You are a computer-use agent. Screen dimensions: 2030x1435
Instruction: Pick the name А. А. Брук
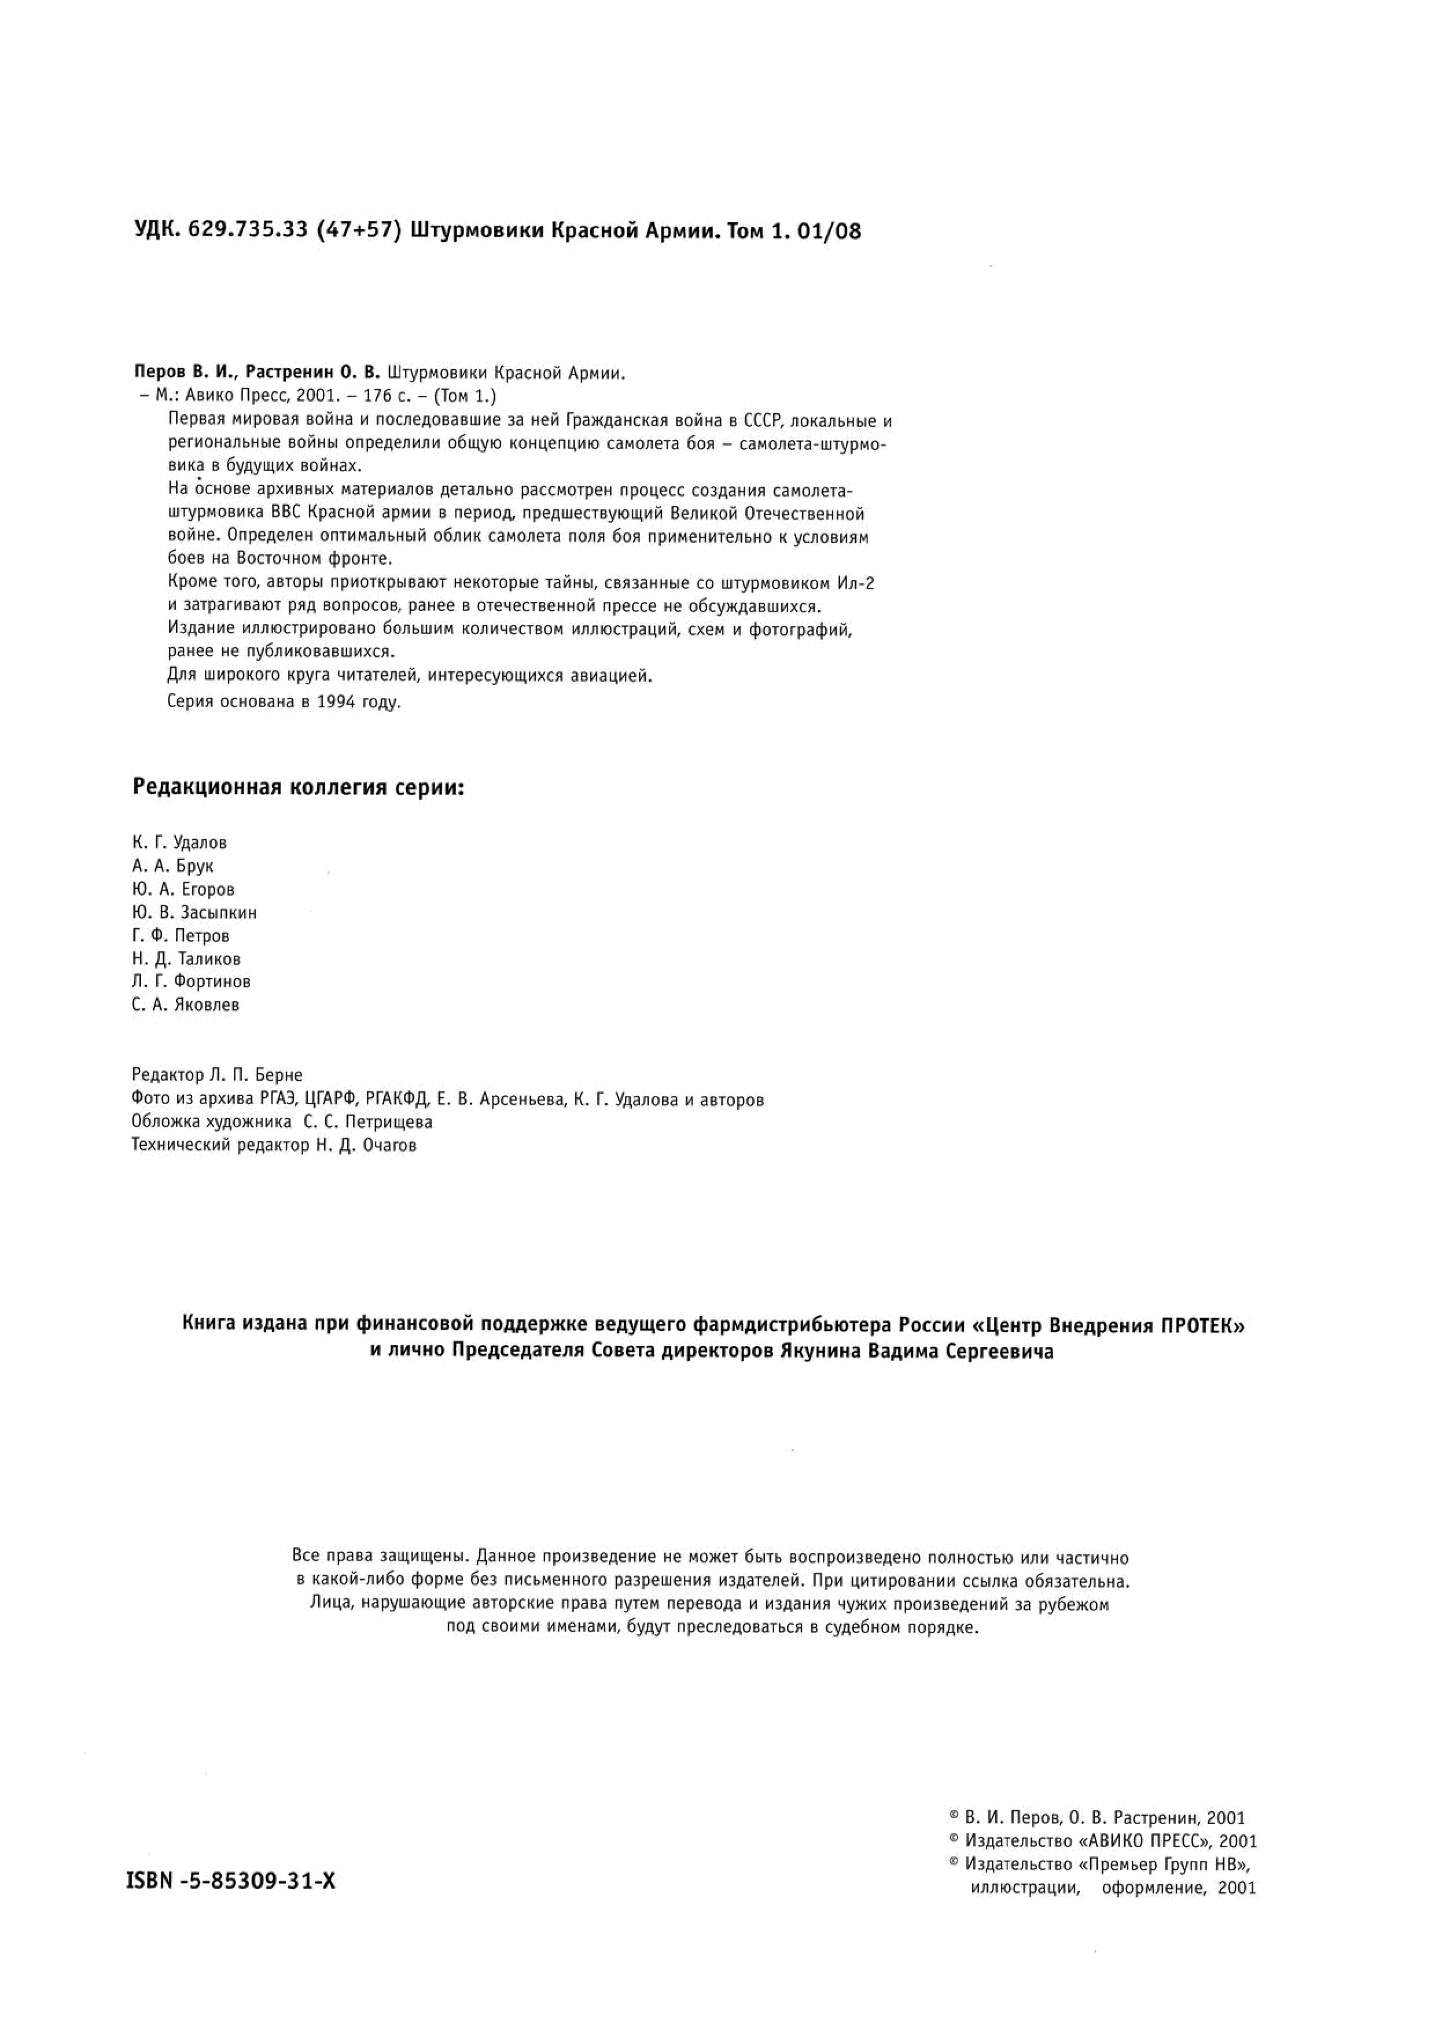tap(172, 866)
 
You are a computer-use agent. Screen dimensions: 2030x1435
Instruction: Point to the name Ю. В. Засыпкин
tap(194, 913)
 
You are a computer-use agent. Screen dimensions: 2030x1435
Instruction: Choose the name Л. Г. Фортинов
tap(191, 981)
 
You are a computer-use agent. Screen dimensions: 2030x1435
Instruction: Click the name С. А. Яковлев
tap(186, 1005)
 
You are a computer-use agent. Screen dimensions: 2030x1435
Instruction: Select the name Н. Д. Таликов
tap(186, 958)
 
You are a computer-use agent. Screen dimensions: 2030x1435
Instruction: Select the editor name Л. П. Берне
tap(256, 1075)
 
